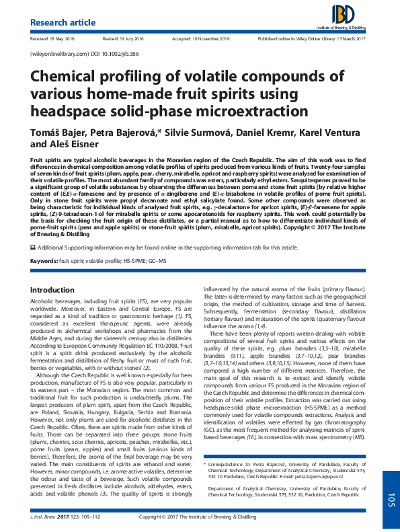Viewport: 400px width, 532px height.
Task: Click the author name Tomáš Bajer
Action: (x=56, y=130)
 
